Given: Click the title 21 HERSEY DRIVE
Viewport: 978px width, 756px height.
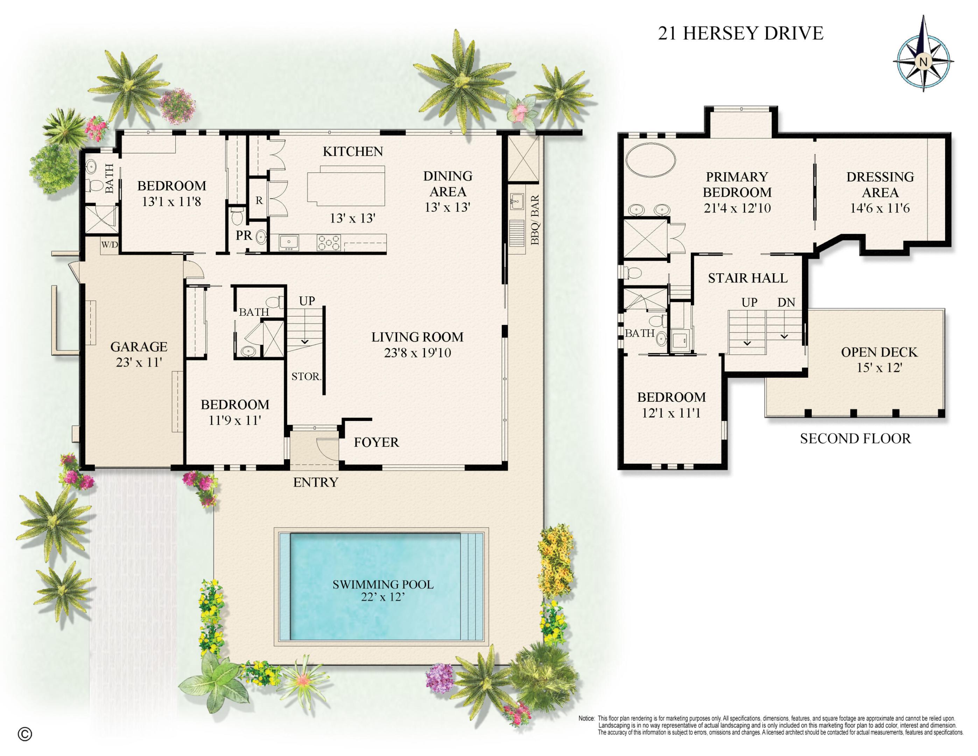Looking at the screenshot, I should [x=740, y=34].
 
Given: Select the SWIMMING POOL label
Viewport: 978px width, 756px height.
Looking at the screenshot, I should [x=383, y=584].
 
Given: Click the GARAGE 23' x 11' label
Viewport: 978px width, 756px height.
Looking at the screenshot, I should [x=139, y=354].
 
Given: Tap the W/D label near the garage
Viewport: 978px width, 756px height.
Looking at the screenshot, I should [x=110, y=245].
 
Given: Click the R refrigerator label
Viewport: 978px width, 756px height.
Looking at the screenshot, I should [x=259, y=201].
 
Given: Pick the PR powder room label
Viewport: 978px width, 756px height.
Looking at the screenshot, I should [x=244, y=235].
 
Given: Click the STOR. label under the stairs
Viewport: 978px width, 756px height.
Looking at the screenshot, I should [x=306, y=376].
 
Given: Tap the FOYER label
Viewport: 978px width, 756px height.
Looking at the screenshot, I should [x=376, y=442].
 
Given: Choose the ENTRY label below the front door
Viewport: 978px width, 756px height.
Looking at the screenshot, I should [x=316, y=482].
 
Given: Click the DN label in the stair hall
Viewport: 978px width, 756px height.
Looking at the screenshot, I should [x=786, y=303].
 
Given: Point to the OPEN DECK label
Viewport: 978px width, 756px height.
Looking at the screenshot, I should [x=879, y=352].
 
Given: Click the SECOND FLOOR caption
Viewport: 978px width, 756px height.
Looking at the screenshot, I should [x=855, y=439].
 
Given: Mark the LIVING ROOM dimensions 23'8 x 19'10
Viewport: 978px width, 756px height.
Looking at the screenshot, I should [x=417, y=353].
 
